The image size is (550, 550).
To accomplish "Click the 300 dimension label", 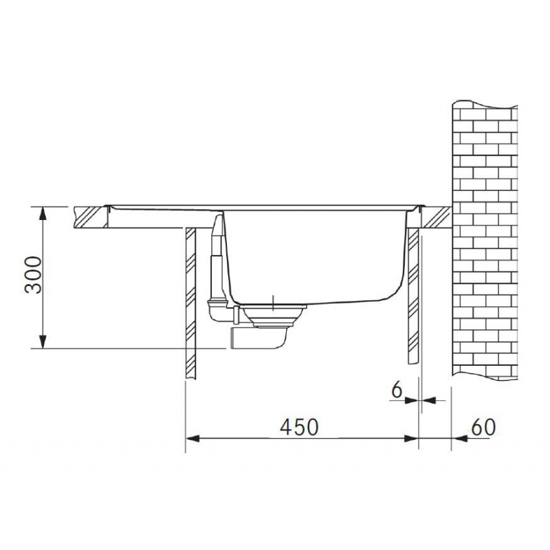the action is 33,275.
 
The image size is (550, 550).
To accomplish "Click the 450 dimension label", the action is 299,427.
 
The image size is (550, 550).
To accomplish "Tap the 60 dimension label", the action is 483,427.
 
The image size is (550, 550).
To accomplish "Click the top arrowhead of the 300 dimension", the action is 43,213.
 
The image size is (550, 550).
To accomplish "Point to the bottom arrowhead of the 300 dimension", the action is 43,342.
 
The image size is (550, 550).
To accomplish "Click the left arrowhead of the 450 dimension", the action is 192,439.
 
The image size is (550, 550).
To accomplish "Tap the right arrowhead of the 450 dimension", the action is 411,439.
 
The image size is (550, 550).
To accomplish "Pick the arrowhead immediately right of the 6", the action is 428,400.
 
